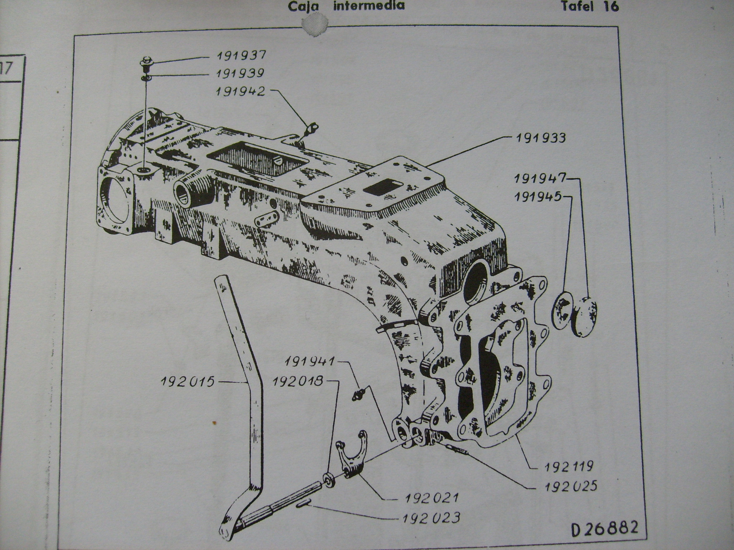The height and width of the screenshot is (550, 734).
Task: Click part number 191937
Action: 242,56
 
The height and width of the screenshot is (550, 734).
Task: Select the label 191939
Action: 240,73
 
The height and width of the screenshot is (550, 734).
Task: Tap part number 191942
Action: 240,92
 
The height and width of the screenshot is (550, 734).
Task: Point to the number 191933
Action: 540,138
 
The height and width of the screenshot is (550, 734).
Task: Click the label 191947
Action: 539,179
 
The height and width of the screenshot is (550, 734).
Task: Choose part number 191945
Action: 538,197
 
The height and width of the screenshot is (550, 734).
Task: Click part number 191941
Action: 310,361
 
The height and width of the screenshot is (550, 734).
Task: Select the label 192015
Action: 187,382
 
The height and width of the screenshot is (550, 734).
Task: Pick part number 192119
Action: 569,467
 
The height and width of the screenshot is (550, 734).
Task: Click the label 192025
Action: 571,486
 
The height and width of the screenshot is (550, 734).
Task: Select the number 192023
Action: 431,518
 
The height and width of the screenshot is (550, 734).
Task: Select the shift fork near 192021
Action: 353,454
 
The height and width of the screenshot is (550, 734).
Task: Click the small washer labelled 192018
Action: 329,480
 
